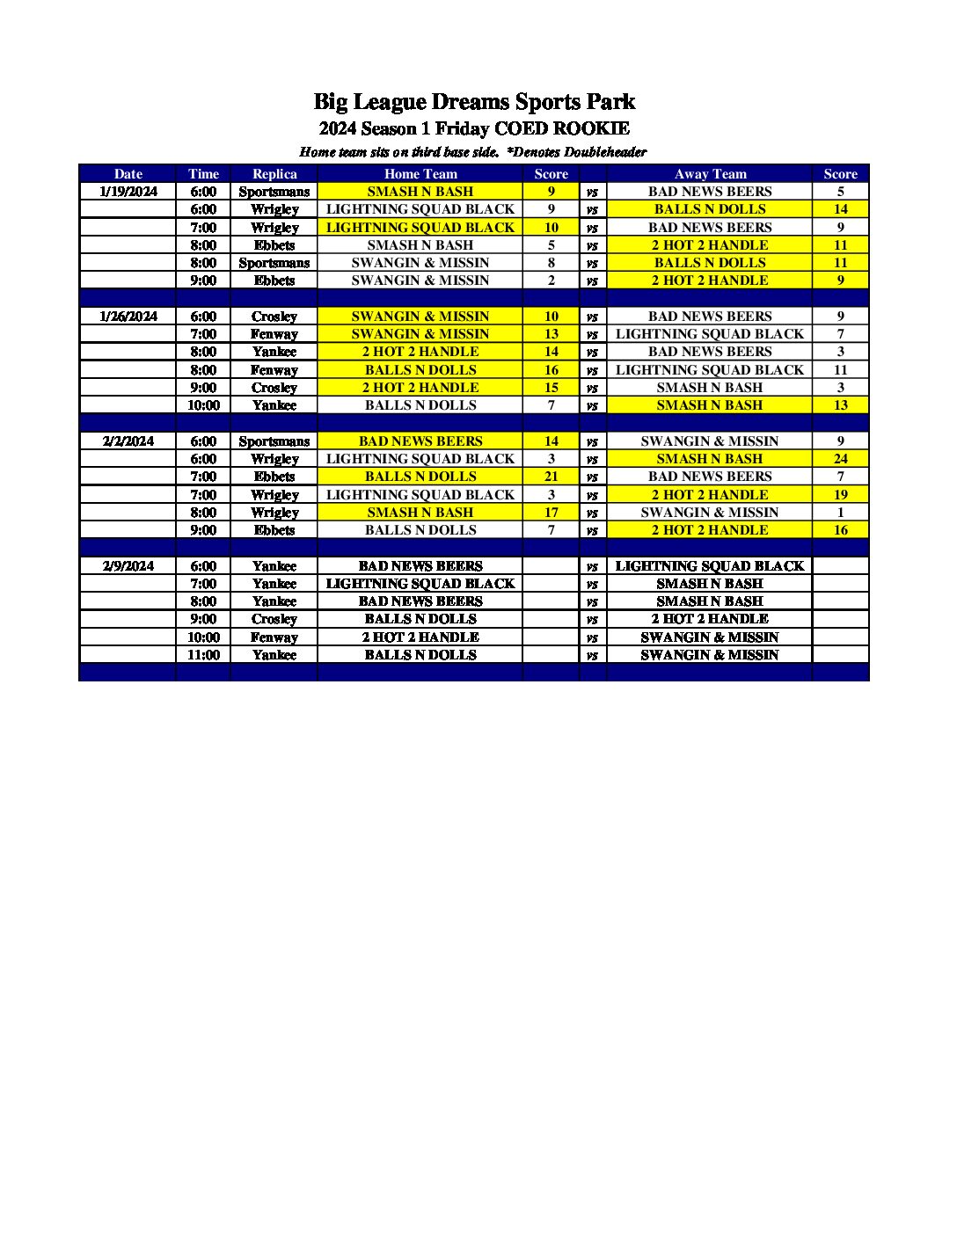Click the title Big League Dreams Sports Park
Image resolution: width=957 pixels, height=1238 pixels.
tap(474, 102)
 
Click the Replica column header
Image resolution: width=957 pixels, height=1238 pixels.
tap(274, 174)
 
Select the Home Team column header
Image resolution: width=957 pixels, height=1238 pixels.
tap(420, 174)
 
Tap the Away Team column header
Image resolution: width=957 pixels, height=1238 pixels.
tap(710, 174)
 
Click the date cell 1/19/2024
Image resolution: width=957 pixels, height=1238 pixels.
tap(128, 192)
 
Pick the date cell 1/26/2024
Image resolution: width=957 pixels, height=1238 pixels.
tap(128, 317)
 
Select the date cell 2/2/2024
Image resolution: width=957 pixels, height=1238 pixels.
tap(128, 441)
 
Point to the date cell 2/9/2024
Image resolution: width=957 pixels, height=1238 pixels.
tap(128, 566)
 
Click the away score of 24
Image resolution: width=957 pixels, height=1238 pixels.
tap(840, 459)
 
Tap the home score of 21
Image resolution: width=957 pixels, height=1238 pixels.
tap(551, 477)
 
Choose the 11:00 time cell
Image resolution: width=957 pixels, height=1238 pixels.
tap(203, 655)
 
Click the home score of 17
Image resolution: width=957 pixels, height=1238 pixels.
tap(551, 513)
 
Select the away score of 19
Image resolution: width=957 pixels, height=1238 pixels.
tap(840, 495)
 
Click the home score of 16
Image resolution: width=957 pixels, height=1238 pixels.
tap(551, 370)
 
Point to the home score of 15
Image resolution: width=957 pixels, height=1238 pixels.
tap(551, 388)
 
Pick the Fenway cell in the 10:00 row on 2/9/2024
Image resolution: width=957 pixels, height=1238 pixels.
tap(274, 637)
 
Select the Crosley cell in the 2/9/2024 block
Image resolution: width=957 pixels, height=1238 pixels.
tap(274, 619)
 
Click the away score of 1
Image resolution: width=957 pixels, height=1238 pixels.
tap(840, 513)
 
